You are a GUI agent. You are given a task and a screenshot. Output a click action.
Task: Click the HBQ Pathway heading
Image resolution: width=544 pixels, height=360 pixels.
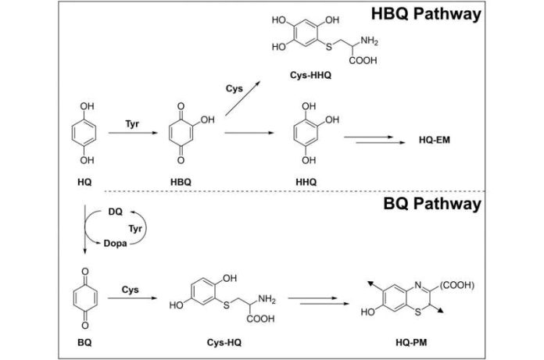tap(426, 14)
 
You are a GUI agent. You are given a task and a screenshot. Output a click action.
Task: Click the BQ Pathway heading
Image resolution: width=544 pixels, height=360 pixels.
tap(432, 203)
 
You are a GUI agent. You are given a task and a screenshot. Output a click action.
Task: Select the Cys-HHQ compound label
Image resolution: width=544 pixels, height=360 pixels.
tap(310, 75)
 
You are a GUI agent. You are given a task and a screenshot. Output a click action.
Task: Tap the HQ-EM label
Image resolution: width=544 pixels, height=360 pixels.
tap(435, 140)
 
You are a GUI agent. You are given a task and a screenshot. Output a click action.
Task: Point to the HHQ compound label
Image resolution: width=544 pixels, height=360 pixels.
tap(306, 182)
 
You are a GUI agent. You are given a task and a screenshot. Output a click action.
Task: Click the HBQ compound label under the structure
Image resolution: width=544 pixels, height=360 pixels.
tap(181, 182)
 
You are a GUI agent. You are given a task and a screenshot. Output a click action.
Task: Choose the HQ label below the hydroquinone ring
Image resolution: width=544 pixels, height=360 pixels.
tap(84, 182)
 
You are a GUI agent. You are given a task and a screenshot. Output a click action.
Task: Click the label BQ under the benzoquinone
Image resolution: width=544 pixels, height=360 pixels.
tap(84, 343)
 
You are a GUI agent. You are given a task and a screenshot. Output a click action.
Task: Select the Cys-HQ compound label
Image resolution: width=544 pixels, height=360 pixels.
tap(224, 343)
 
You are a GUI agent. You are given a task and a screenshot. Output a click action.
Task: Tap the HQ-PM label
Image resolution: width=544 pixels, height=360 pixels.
tap(411, 343)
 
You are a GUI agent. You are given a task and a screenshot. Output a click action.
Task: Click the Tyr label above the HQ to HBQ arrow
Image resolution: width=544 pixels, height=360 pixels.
tap(132, 124)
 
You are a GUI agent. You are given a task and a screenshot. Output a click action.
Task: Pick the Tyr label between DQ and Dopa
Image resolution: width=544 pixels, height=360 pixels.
tap(135, 229)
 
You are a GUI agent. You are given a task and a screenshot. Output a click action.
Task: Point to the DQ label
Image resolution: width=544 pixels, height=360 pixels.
tap(115, 212)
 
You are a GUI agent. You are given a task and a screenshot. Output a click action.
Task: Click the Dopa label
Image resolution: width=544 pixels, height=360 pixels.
tap(115, 244)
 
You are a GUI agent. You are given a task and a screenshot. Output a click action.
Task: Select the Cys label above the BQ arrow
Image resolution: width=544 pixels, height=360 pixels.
tap(130, 290)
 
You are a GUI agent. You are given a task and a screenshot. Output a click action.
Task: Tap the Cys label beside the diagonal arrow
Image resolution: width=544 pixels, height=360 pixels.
tap(234, 89)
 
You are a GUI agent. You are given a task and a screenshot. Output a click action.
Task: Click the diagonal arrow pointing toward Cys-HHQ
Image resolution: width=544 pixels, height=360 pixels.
tap(242, 98)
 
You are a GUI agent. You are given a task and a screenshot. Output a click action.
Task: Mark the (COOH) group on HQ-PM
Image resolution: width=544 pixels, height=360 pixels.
tap(457, 285)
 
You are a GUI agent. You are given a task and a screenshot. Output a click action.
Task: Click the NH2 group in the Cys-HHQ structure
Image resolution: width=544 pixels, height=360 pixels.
tap(369, 41)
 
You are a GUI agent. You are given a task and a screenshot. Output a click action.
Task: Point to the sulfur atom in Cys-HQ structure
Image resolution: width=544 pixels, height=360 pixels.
tap(227, 305)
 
